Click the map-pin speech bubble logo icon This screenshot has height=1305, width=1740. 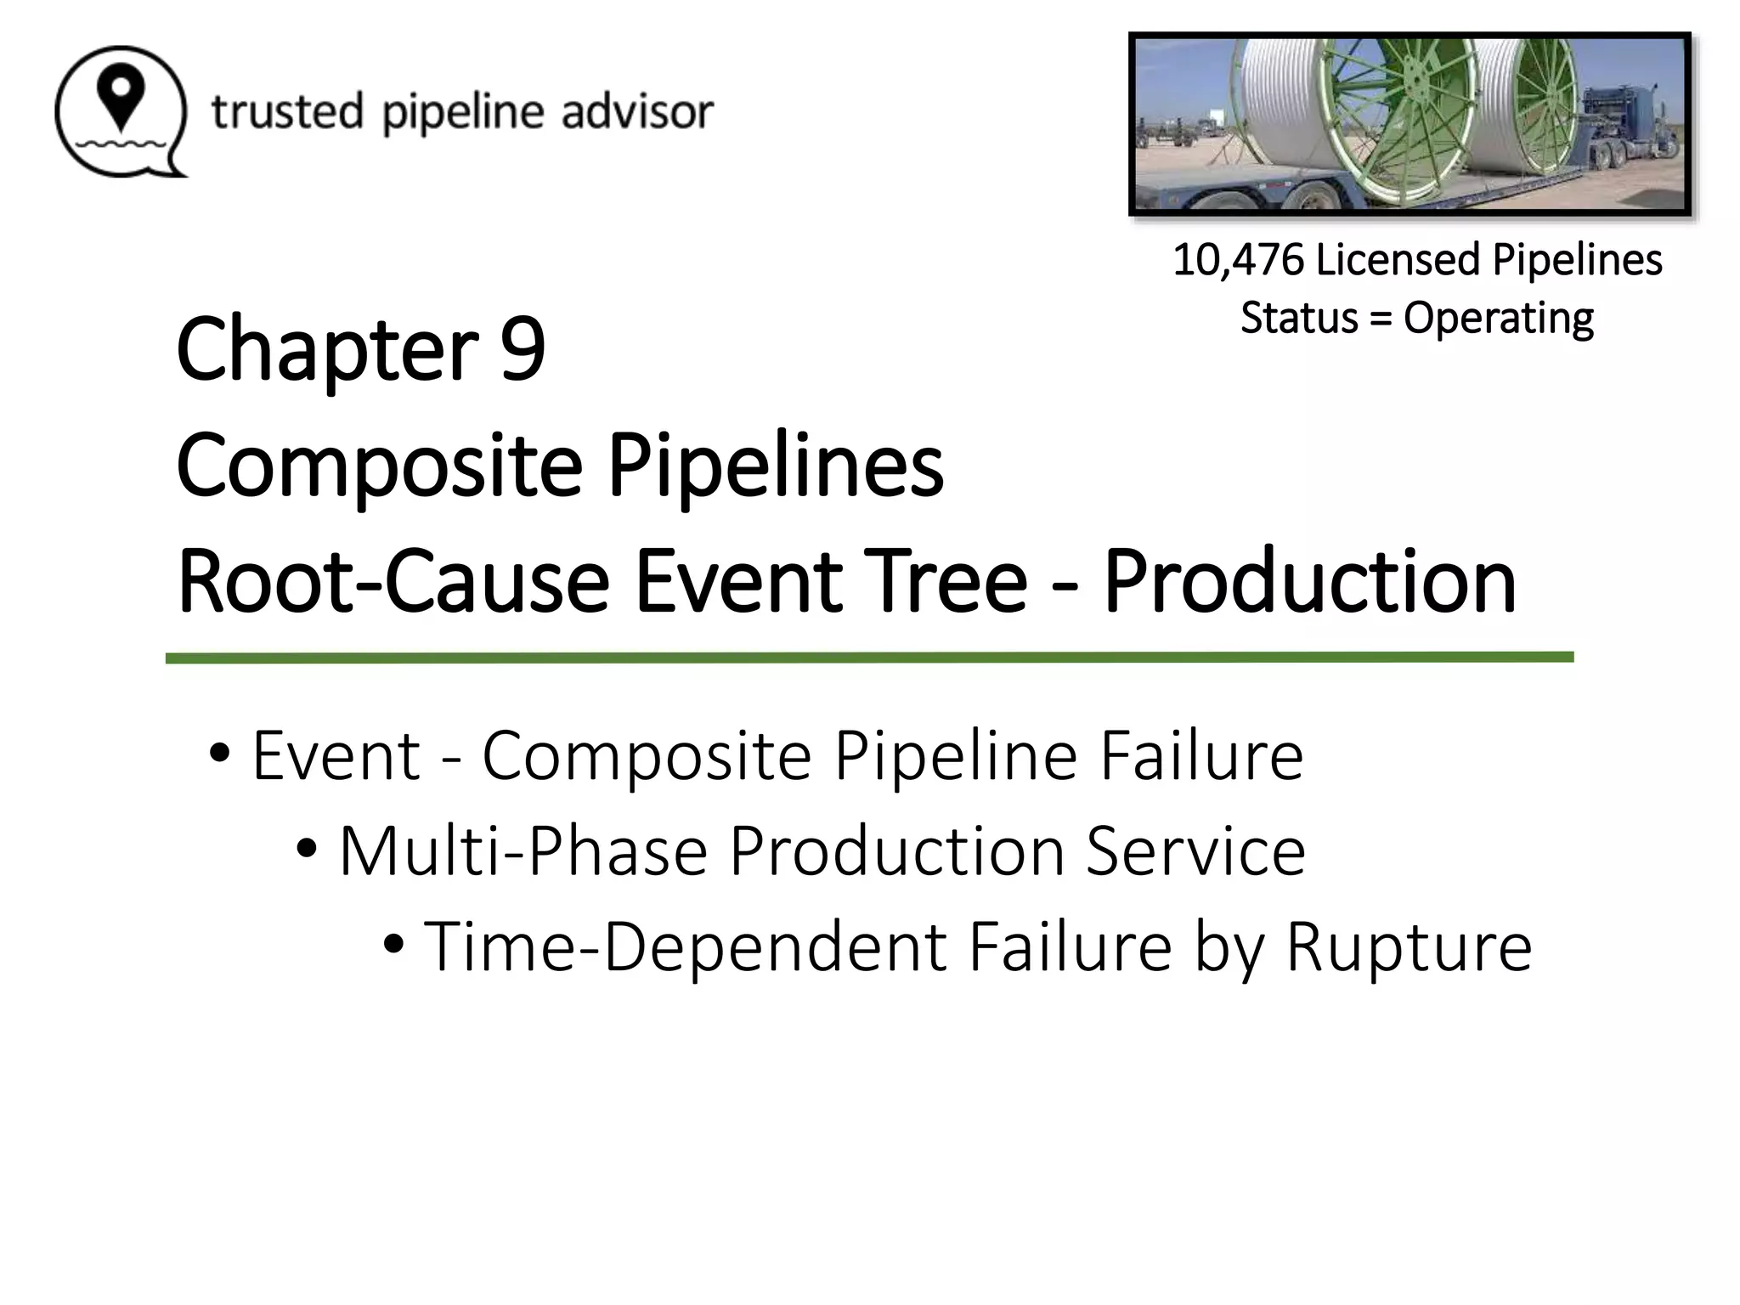click(120, 111)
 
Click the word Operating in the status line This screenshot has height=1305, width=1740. click(1498, 319)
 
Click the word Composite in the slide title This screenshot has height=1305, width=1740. click(379, 466)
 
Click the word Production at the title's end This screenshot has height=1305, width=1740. click(1309, 582)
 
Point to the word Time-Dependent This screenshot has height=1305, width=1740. click(685, 946)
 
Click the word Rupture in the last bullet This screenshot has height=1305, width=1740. click(1409, 946)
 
